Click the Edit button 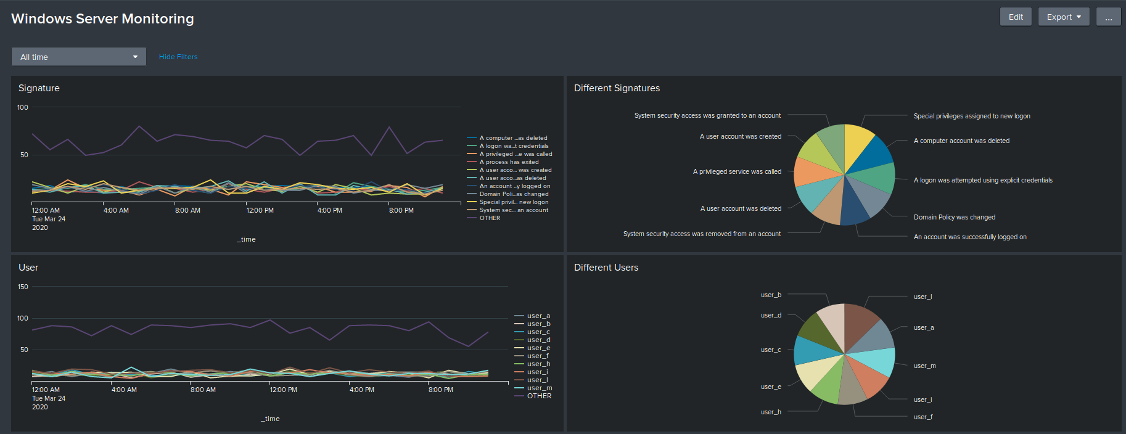1015,17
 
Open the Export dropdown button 1063,17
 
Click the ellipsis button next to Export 1108,17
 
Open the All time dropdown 78,57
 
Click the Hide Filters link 178,57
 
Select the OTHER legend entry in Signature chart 490,218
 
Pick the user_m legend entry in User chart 539,388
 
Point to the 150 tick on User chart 23,287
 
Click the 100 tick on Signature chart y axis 23,107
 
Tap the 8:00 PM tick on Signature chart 401,210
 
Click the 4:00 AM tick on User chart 124,390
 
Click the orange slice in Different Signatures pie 813,172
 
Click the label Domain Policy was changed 954,217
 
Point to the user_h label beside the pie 771,412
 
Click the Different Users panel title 606,268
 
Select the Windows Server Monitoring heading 102,18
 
